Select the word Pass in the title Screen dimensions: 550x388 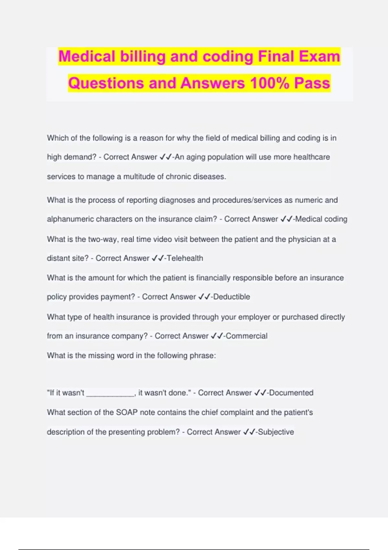[312, 83]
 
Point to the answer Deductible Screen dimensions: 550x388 [232, 297]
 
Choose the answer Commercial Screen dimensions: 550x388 [246, 336]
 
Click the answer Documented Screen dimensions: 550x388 [291, 393]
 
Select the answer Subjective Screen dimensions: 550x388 [276, 432]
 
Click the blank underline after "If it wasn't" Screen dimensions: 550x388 [110, 393]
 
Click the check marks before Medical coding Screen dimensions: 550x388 [286, 219]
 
